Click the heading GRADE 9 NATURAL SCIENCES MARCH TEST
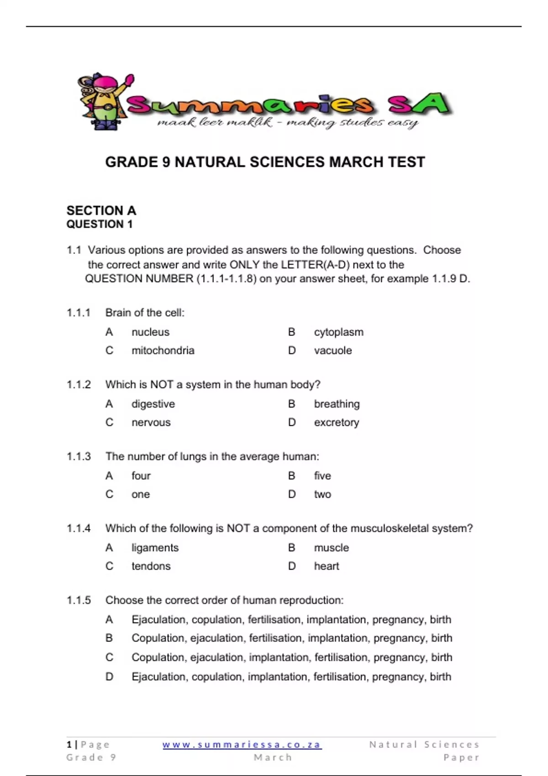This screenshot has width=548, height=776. pyautogui.click(x=265, y=162)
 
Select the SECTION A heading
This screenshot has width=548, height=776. pyautogui.click(x=101, y=210)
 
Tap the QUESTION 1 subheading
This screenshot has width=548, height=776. pyautogui.click(x=99, y=224)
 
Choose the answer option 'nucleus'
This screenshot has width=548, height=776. pyautogui.click(x=150, y=332)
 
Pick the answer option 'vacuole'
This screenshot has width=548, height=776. pyautogui.click(x=332, y=351)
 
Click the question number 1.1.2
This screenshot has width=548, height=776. pyautogui.click(x=79, y=384)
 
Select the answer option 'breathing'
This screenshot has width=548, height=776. pyautogui.click(x=337, y=404)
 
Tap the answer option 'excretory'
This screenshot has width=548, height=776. pyautogui.click(x=336, y=422)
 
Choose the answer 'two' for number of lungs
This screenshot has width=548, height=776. pyautogui.click(x=322, y=494)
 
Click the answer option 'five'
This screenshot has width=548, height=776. pyautogui.click(x=322, y=476)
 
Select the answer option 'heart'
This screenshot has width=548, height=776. pyautogui.click(x=326, y=566)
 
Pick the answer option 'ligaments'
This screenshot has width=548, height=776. pyautogui.click(x=155, y=547)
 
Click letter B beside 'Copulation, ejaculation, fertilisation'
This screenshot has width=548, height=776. pyautogui.click(x=109, y=638)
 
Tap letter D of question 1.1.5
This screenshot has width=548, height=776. pyautogui.click(x=109, y=676)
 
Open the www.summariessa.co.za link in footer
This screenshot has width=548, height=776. pyautogui.click(x=242, y=745)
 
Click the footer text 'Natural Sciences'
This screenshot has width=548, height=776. pyautogui.click(x=424, y=745)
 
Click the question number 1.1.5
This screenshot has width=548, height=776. pyautogui.click(x=79, y=600)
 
